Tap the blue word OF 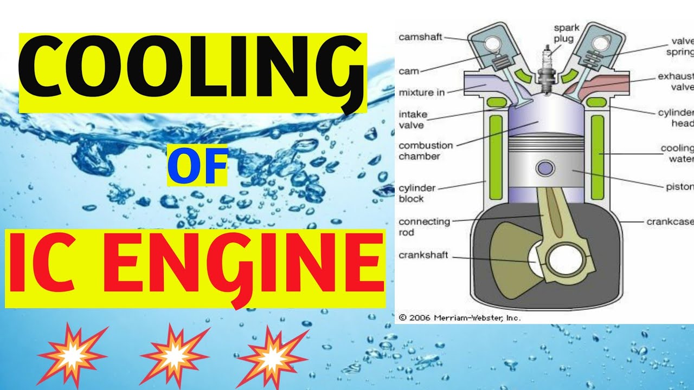click(x=197, y=168)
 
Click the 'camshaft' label click(x=420, y=37)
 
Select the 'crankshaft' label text click(x=423, y=255)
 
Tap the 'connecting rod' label click(x=424, y=226)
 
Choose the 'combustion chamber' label click(x=426, y=151)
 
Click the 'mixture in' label click(x=421, y=93)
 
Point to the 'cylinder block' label click(x=417, y=193)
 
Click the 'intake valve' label click(x=413, y=120)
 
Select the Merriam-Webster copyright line click(x=459, y=318)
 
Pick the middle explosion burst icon click(x=174, y=355)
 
